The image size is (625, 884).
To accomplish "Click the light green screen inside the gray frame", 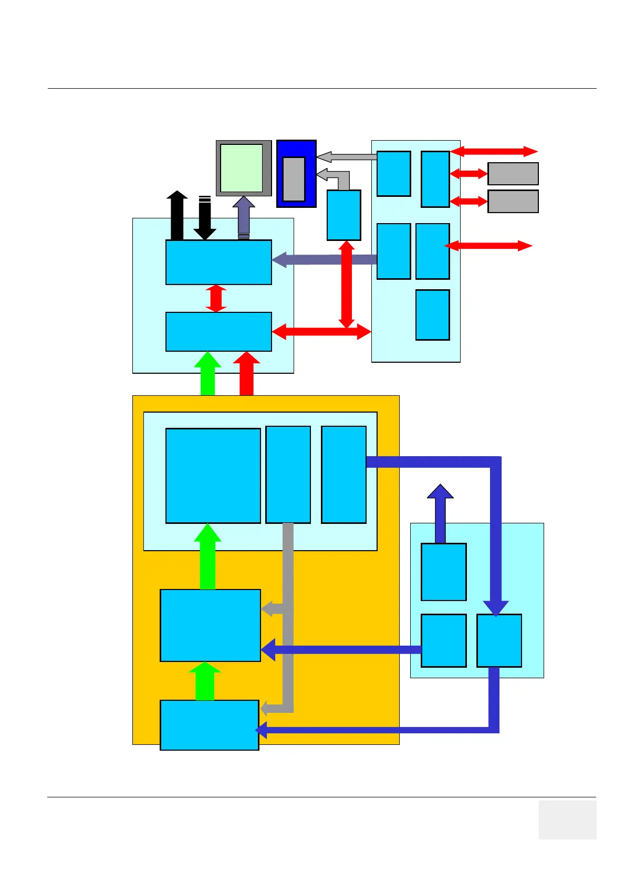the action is pyautogui.click(x=241, y=168).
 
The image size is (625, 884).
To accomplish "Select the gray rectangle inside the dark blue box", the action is pyautogui.click(x=294, y=178).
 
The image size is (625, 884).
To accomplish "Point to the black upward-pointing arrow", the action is pyautogui.click(x=177, y=215).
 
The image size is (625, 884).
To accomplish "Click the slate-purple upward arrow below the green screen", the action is pyautogui.click(x=244, y=216).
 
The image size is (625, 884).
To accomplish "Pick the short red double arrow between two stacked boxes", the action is pyautogui.click(x=216, y=298).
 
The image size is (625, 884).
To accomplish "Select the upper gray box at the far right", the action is pyautogui.click(x=513, y=174).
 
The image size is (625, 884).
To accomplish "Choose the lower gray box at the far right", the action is pyautogui.click(x=513, y=202).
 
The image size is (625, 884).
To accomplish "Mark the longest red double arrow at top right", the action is pyautogui.click(x=494, y=152).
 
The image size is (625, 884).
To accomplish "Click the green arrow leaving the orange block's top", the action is pyautogui.click(x=207, y=374).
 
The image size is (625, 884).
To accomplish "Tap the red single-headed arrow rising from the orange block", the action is pyautogui.click(x=246, y=374).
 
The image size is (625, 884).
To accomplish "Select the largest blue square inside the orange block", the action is pyautogui.click(x=213, y=476).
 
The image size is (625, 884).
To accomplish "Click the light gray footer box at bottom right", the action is pyautogui.click(x=567, y=819).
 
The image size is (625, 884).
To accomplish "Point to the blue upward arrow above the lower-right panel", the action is pyautogui.click(x=440, y=513).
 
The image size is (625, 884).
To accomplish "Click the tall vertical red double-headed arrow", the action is pyautogui.click(x=346, y=284).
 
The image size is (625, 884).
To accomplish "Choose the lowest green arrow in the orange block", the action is pyautogui.click(x=205, y=681).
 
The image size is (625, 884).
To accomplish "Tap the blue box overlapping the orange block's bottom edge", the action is pyautogui.click(x=209, y=725).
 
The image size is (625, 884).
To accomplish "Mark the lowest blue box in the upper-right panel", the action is pyautogui.click(x=432, y=314).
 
